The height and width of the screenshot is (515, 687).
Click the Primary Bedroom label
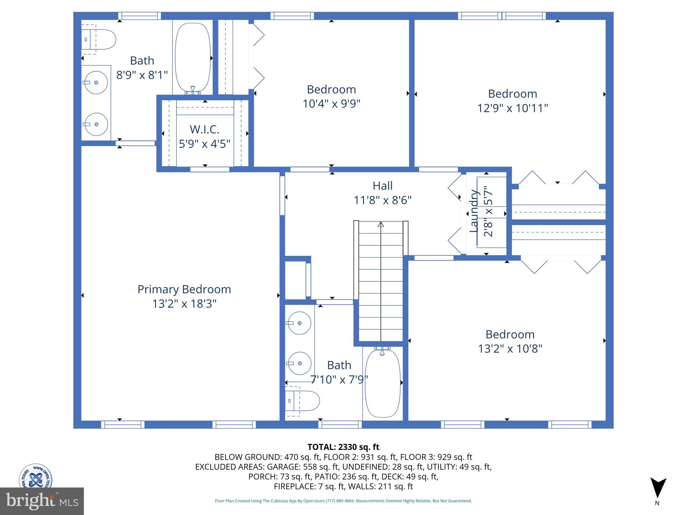184,289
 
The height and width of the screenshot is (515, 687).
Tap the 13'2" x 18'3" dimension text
184,304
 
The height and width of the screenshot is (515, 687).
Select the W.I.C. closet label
204,129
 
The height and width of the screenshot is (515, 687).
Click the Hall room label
382,186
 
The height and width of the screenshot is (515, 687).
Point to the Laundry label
474,211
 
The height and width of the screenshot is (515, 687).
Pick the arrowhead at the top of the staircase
381,224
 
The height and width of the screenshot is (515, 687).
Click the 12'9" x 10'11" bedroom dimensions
512,108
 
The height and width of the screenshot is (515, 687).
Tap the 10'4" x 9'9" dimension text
331,104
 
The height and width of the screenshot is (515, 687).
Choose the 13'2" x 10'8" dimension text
510,349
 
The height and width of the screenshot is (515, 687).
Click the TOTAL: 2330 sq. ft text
343,447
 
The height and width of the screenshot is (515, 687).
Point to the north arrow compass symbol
658,488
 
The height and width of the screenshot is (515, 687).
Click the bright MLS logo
42,501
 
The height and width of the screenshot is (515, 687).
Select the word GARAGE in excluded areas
285,467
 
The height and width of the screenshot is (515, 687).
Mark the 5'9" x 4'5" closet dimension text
204,144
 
